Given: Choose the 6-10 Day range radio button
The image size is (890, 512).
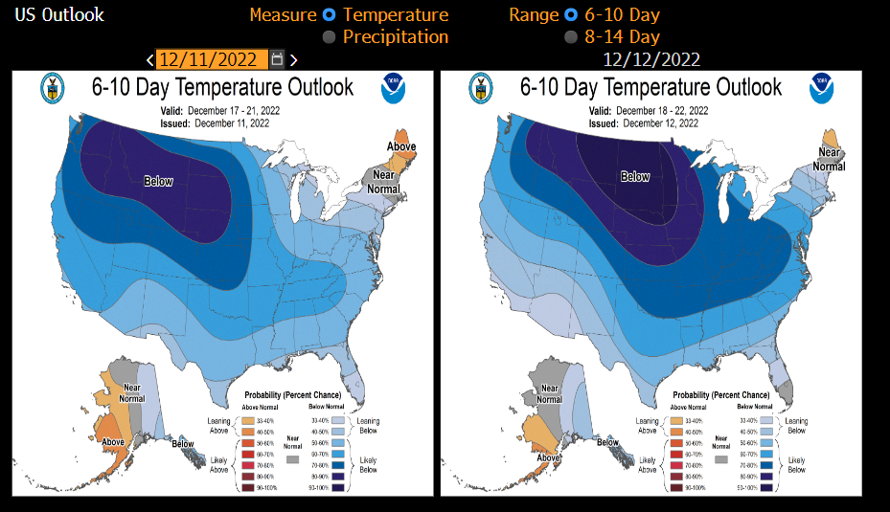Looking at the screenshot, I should click(x=571, y=15).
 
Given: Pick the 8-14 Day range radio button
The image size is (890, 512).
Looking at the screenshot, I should click(x=571, y=37).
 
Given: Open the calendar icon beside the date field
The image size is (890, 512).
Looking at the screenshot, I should click(x=277, y=59).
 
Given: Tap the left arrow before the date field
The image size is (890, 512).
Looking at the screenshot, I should click(x=149, y=59).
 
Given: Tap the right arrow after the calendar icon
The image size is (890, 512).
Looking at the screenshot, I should click(x=294, y=59).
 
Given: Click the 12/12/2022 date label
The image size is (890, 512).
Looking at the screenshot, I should click(x=651, y=59).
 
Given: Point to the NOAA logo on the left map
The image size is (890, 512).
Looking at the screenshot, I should click(x=394, y=88).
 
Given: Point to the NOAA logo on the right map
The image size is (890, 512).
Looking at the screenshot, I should click(x=821, y=88).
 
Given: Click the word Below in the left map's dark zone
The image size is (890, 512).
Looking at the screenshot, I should click(x=158, y=180).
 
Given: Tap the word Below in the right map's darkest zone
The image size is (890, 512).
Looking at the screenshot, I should click(x=635, y=176).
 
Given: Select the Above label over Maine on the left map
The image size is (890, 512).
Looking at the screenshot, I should click(x=401, y=145).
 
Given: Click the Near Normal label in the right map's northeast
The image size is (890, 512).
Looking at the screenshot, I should click(x=829, y=159).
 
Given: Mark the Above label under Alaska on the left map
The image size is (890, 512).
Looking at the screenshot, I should click(x=113, y=441).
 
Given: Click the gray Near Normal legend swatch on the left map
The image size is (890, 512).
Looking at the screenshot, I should click(x=291, y=459).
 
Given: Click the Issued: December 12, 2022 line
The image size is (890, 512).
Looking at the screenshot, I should click(x=649, y=123).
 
